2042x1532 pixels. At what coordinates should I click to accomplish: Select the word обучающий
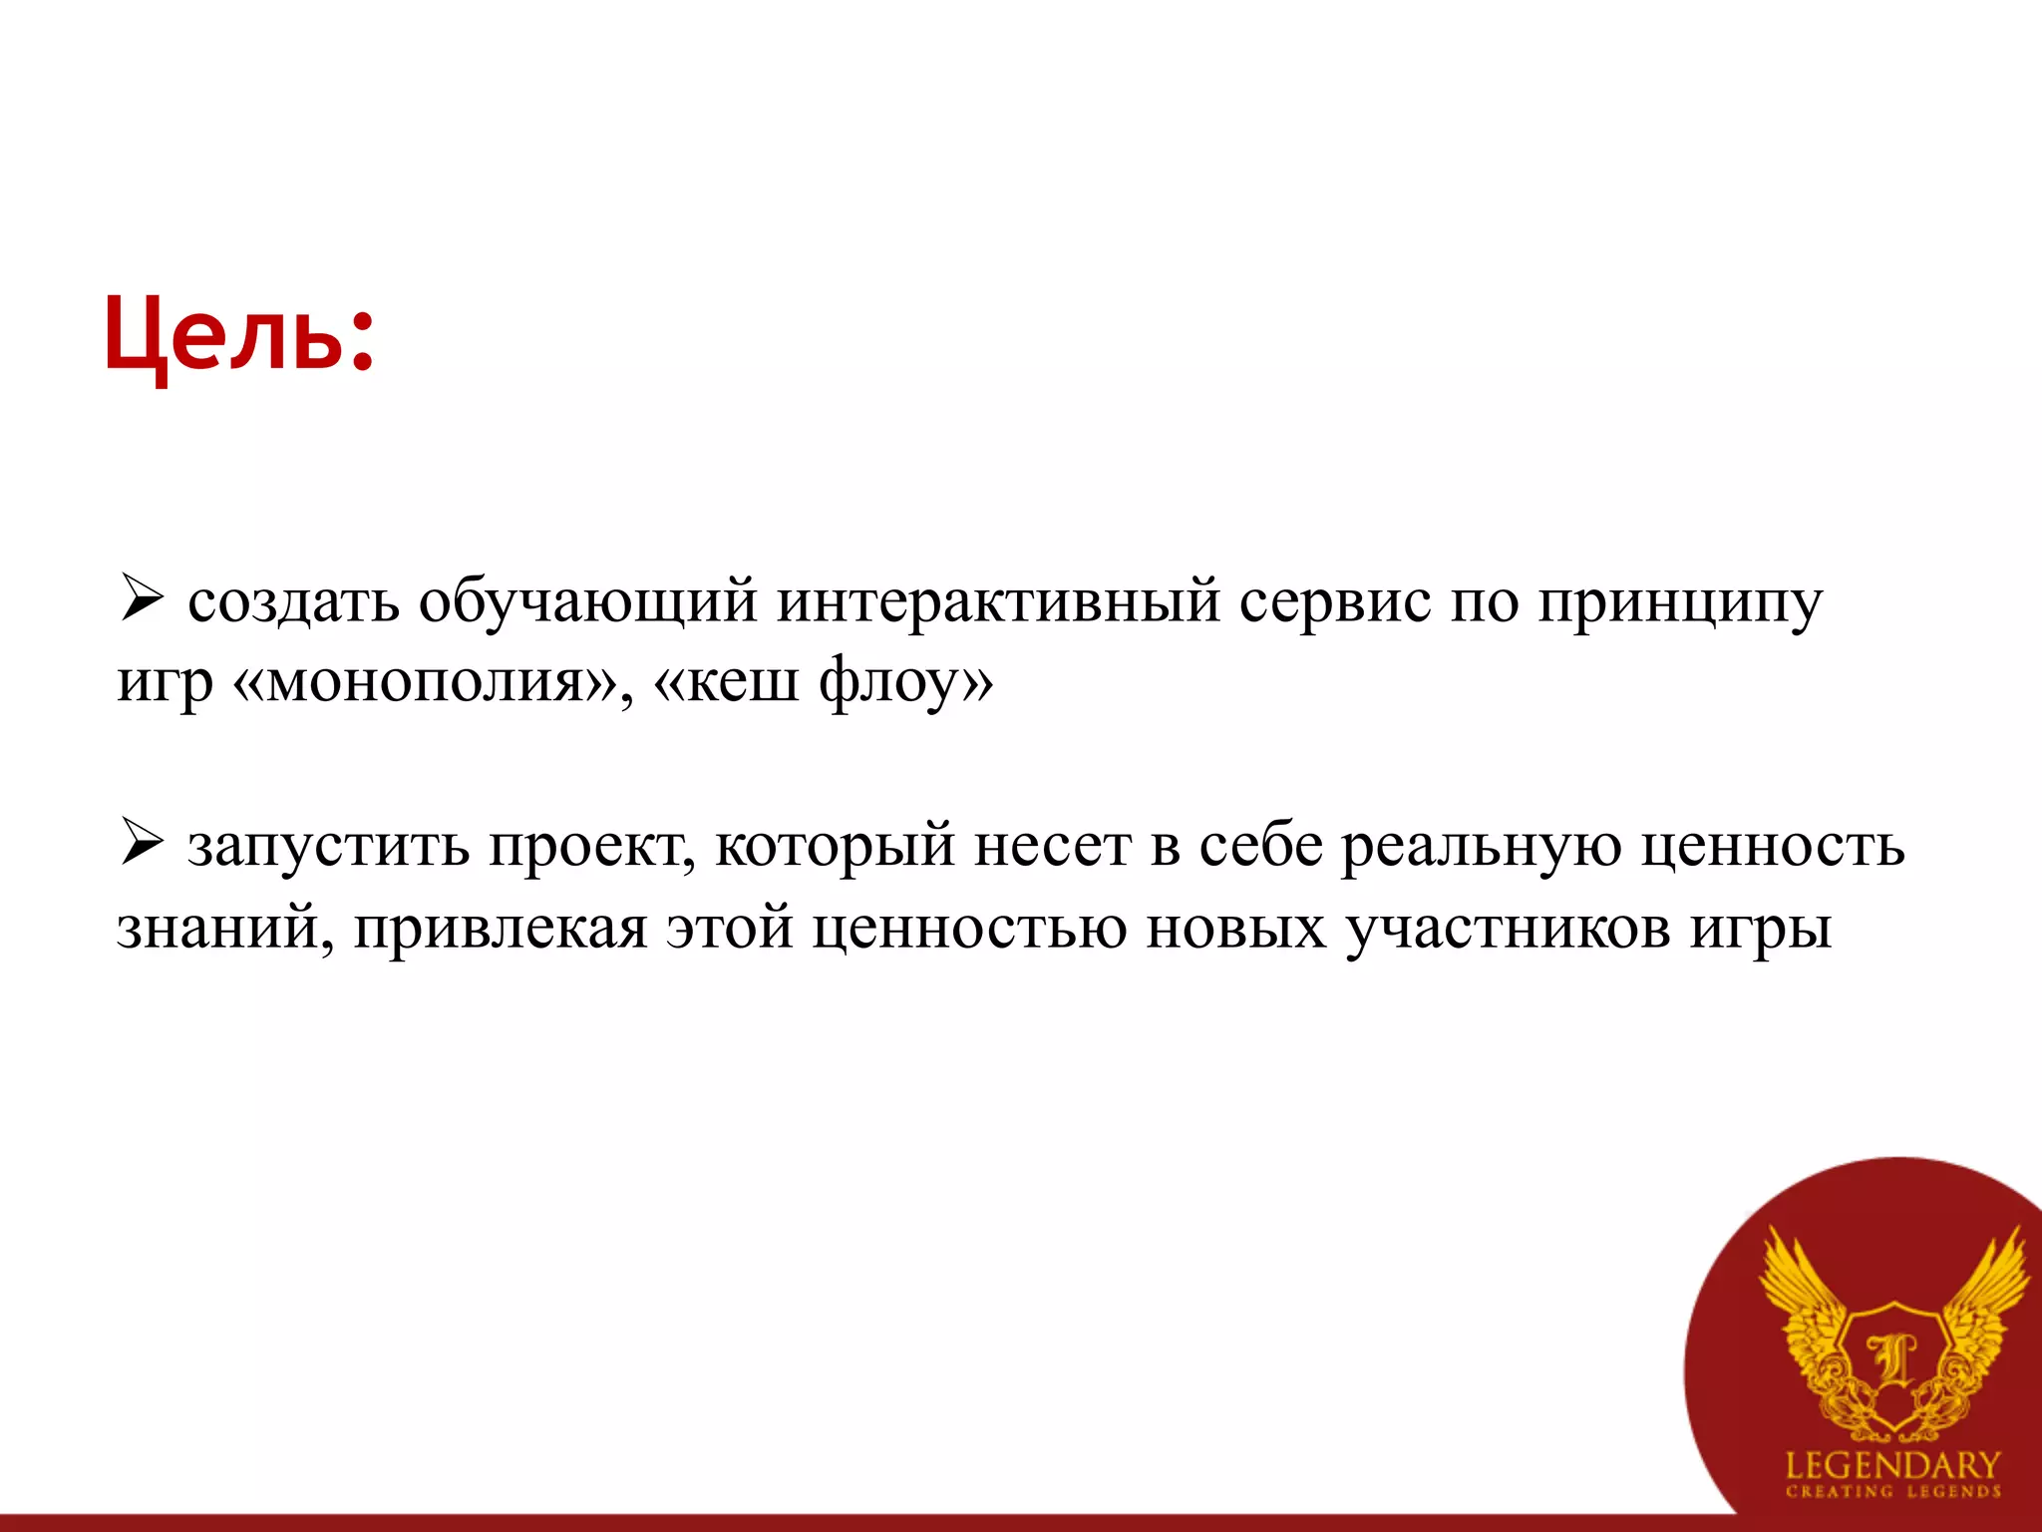587,603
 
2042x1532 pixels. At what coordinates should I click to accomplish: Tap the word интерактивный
998,601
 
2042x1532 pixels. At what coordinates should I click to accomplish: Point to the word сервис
1335,601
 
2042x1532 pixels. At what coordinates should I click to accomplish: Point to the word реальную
1480,847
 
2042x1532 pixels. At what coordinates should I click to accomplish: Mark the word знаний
224,929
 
